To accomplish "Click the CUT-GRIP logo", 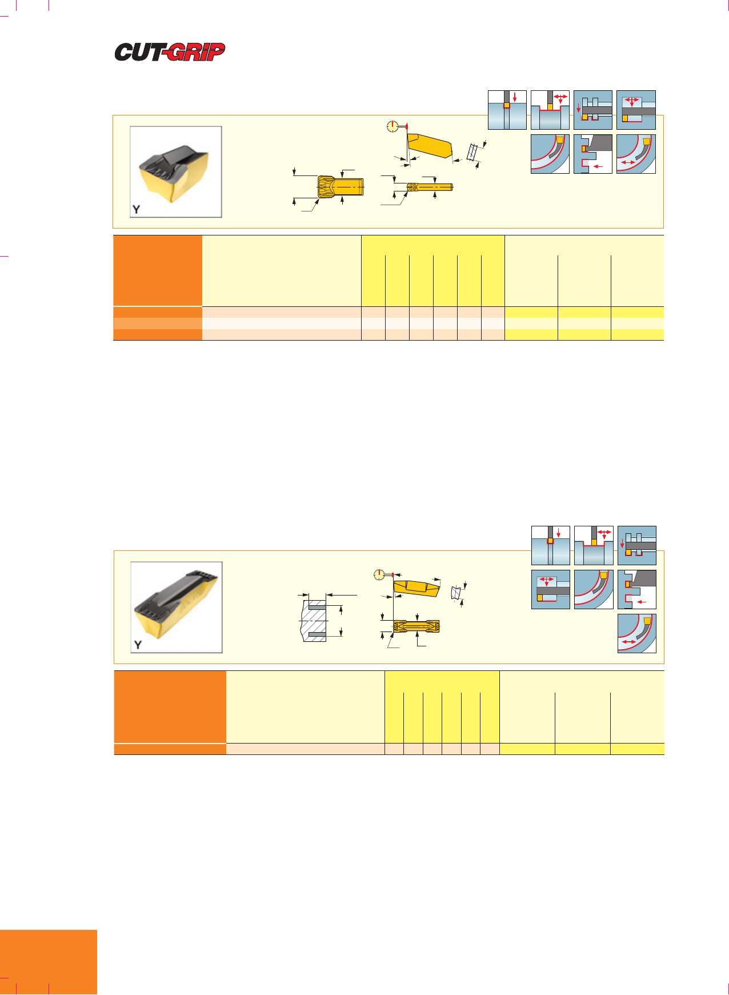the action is pos(170,52).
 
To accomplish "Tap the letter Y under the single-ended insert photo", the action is pos(136,209).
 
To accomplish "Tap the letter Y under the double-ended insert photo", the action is pos(137,645).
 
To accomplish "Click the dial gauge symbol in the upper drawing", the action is pos(392,127).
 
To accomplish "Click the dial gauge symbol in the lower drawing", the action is pos(379,575).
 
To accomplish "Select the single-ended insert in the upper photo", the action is pos(174,171).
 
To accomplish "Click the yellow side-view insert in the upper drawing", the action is pos(429,146).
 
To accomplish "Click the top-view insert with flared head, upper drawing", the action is pos(341,186).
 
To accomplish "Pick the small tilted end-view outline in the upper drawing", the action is pos(473,151).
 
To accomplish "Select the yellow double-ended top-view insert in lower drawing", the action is pos(416,626).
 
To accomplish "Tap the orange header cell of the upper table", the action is pos(158,271).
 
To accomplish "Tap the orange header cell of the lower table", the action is pos(170,707).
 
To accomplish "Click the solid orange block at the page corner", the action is pos(49,962).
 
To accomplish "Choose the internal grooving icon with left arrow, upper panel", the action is pos(593,154).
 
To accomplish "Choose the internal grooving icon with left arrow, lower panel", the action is pos(637,589).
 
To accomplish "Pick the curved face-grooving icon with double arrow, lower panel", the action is pos(637,633).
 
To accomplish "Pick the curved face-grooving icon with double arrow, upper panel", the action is pos(636,154).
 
